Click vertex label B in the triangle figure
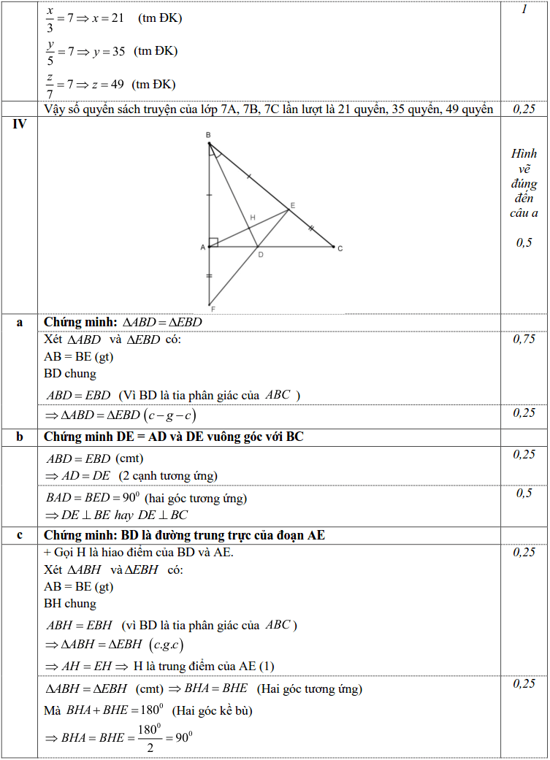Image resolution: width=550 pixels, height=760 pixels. point(208,135)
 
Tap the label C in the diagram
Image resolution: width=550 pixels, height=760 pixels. point(340,249)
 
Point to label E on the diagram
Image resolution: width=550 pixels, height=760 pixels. point(292,206)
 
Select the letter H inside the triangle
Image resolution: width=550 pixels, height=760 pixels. point(253,218)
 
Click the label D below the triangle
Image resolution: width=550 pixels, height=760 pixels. point(260,255)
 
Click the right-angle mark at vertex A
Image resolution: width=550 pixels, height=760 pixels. point(213,242)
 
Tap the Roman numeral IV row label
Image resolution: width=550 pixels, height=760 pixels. point(20,124)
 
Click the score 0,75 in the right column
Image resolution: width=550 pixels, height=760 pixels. point(524,339)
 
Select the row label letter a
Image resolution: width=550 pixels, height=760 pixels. point(20,322)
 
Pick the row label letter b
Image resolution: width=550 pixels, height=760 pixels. point(20,437)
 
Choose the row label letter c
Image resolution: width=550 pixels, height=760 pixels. point(20,535)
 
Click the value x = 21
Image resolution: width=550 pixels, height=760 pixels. point(107,18)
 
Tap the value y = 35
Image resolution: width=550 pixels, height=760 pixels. point(109,51)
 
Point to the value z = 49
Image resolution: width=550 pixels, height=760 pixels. point(108,84)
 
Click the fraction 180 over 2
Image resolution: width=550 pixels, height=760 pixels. point(148,738)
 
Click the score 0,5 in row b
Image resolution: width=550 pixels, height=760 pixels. point(524,494)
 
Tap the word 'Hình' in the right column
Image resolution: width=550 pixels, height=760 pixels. point(524,154)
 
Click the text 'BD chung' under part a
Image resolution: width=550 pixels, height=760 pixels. point(70,374)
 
